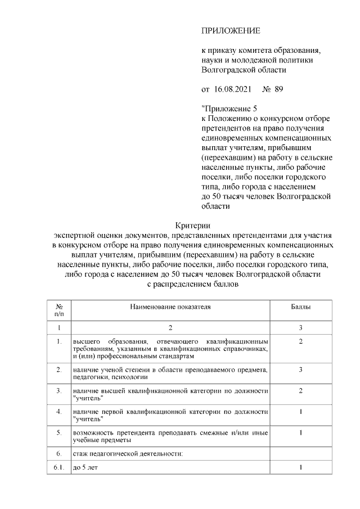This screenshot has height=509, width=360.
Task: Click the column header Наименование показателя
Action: [170, 308]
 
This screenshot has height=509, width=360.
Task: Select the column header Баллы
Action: [301, 308]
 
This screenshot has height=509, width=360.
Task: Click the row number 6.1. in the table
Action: [59, 467]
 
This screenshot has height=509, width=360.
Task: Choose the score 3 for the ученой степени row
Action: [301, 369]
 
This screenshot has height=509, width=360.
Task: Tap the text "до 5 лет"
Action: [85, 467]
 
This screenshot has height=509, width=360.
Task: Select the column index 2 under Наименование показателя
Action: [170, 327]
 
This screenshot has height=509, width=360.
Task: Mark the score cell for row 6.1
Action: [301, 467]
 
